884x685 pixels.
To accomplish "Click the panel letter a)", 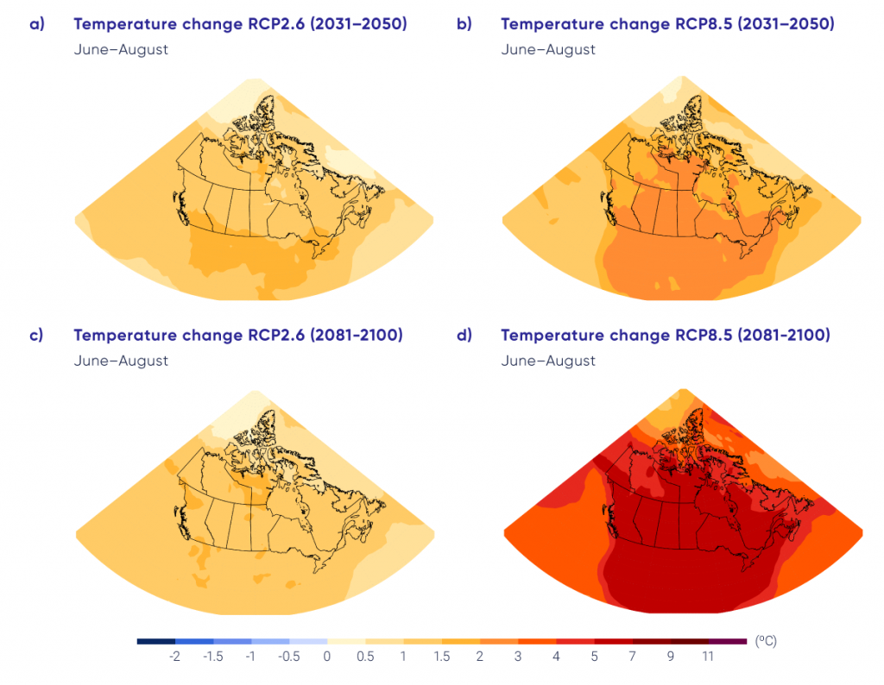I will pos(36,24).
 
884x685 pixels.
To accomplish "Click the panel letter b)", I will pos(464,24).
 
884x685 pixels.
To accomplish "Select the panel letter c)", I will pos(36,336).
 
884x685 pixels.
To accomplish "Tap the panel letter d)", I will pos(464,336).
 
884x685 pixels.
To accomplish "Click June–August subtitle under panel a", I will pos(121,50).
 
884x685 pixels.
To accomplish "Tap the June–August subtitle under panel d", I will pos(548,361).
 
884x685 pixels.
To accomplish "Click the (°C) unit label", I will pos(765,642).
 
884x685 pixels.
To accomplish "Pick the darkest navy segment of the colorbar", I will pos(156,642).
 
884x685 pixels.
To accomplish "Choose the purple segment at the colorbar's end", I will pos(727,642).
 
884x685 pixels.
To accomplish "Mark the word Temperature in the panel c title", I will pos(129,336).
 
